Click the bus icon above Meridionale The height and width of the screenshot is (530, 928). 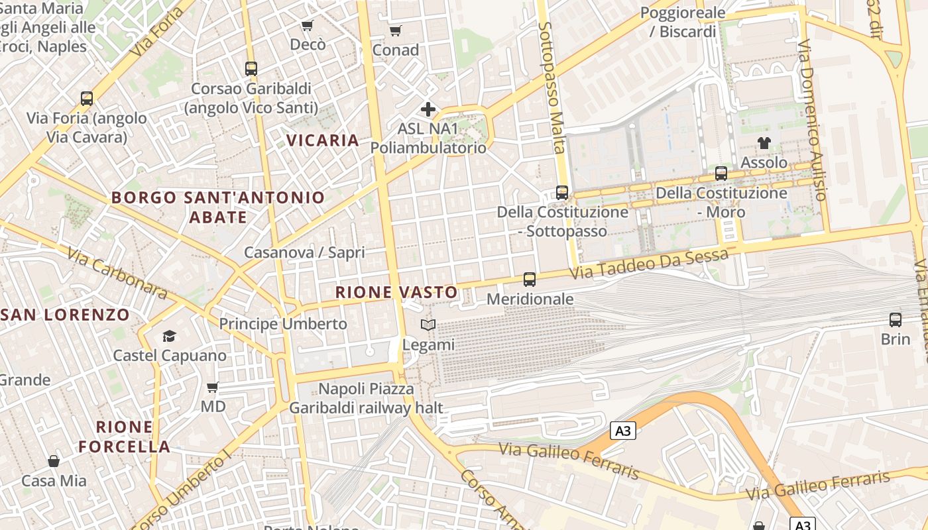pos(529,280)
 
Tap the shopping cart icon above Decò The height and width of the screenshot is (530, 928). pos(307,25)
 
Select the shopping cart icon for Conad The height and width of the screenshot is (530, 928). pos(396,30)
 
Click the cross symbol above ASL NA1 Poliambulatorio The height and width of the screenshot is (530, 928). pos(428,109)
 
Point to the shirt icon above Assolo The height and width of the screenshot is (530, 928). pos(764,142)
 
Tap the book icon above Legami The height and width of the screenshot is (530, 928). pos(428,325)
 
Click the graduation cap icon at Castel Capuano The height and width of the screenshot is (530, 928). pos(170,336)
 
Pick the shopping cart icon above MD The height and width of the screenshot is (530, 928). pos(213,387)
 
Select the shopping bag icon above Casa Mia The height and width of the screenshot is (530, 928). pos(54,461)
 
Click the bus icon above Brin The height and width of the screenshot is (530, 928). pos(896,320)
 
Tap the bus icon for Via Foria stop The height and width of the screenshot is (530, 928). pos(87,99)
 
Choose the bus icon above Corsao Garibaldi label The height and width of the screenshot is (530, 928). pos(251,68)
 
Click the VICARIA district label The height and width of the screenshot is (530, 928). pos(323,140)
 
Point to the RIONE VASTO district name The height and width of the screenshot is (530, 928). pos(396,292)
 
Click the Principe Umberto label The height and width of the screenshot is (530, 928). pos(283,324)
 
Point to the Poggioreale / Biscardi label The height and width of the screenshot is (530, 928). pos(682,22)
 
